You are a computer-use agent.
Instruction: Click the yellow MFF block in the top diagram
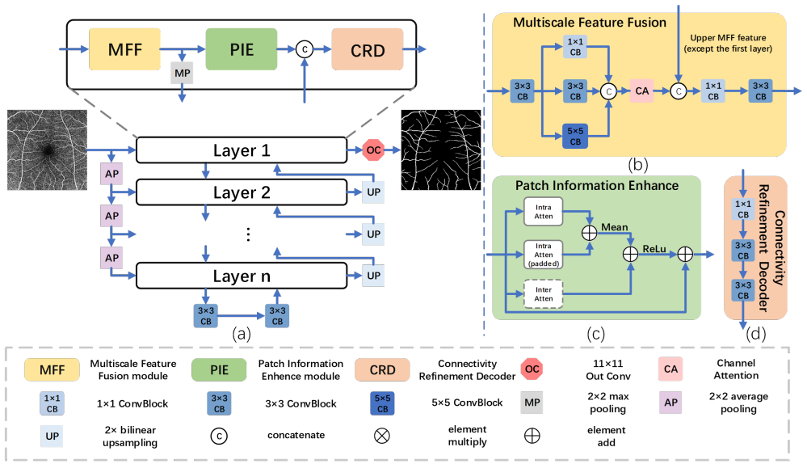coord(124,49)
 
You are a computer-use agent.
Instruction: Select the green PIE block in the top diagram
coord(242,49)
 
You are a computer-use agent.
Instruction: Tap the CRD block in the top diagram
coord(368,49)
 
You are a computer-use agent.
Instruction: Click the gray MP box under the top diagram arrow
coord(182,73)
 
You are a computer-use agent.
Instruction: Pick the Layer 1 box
coord(242,150)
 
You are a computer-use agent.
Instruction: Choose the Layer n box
coord(242,276)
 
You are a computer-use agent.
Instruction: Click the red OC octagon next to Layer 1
coord(374,150)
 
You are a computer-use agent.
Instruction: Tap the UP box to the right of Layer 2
coord(374,192)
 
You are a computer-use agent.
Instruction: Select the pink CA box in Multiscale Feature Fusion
coord(641,91)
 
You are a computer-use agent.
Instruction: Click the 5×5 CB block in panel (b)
coord(575,137)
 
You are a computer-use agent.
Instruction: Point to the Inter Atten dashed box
coord(544,294)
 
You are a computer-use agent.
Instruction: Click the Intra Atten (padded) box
coord(544,255)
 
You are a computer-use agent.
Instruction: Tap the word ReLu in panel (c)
coord(654,249)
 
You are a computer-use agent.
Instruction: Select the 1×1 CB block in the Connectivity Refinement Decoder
coord(743,209)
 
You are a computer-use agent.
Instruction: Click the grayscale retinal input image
coord(47,150)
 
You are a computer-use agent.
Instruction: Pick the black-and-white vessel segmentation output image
coord(441,150)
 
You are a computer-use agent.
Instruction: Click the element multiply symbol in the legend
coord(381,436)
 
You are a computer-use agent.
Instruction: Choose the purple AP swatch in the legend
coord(670,403)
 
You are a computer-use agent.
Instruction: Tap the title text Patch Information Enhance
coord(597,185)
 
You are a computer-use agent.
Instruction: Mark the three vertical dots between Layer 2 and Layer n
coord(249,234)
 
